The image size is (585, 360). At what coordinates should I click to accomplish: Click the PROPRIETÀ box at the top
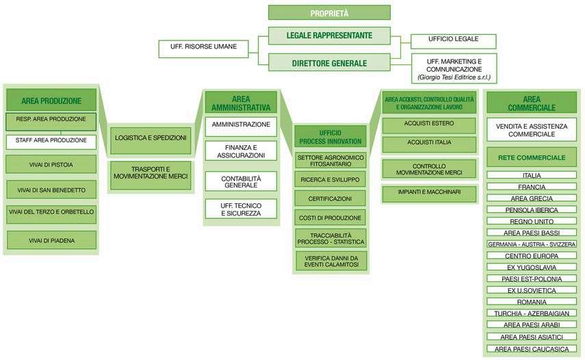[x=329, y=12]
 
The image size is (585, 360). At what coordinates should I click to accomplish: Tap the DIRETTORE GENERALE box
[x=329, y=63]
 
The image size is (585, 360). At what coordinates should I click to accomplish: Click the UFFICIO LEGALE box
[x=454, y=39]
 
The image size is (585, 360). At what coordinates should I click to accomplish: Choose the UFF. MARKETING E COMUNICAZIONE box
[x=454, y=69]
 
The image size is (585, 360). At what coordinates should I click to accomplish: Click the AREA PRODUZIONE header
[x=51, y=101]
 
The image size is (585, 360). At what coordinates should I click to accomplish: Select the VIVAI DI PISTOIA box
[x=51, y=165]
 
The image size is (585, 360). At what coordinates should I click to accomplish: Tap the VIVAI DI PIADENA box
[x=51, y=240]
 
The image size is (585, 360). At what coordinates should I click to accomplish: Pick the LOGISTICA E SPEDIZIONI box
[x=151, y=138]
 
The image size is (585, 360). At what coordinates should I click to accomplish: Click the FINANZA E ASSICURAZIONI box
[x=240, y=151]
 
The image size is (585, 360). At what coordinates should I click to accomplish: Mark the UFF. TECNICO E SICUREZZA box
[x=240, y=209]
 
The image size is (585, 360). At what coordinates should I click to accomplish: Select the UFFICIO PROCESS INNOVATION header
[x=330, y=136]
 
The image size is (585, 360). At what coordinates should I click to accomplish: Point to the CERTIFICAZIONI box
[x=330, y=198]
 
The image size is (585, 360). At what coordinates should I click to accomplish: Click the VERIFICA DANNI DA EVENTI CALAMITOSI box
[x=330, y=261]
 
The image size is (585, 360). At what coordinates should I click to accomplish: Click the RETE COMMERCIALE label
[x=531, y=157]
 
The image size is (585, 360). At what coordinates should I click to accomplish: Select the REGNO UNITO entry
[x=531, y=221]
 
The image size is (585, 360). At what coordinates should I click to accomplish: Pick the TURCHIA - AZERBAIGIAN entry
[x=531, y=313]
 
